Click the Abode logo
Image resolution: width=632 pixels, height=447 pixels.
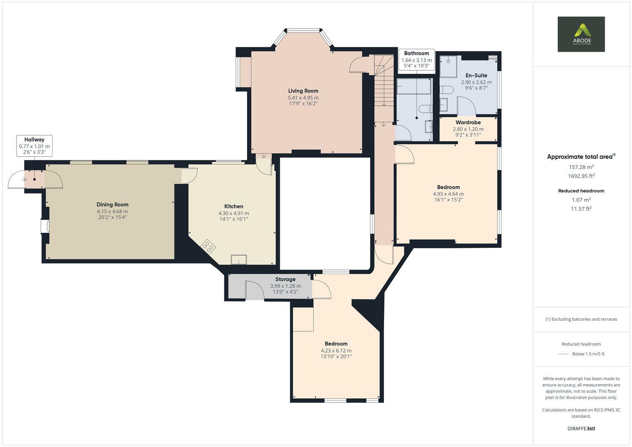581,34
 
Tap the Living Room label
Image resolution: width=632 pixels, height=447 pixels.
303,91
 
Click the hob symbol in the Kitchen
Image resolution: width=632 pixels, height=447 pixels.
208,247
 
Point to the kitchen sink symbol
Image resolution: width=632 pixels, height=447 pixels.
239,259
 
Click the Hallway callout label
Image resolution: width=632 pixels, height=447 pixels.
34,140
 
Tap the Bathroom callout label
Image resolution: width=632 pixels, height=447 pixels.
416,53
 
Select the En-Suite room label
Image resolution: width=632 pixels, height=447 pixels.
476,75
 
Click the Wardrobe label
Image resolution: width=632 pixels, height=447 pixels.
468,123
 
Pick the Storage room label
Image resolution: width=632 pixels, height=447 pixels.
285,279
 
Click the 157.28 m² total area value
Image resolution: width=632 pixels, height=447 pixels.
581,167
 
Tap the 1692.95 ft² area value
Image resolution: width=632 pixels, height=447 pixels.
581,176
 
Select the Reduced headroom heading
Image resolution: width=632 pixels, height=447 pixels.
581,191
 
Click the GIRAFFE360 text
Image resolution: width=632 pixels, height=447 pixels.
581,428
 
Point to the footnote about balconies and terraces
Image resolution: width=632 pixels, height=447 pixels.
581,319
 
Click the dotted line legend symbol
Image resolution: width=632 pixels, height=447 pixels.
563,354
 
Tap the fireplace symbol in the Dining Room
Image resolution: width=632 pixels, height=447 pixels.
45,226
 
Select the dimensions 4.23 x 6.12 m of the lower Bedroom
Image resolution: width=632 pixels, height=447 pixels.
336,351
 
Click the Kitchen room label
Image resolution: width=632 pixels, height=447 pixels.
233,207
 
